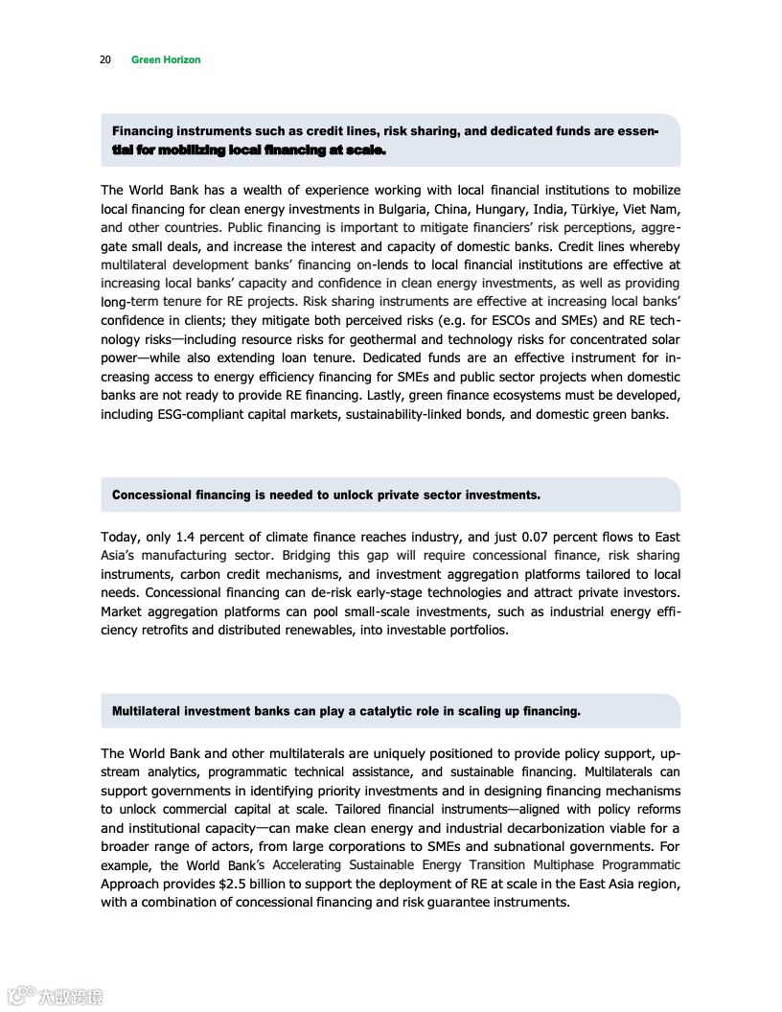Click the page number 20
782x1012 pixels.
tap(105, 59)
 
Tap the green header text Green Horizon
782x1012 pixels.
tap(166, 59)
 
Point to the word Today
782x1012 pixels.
tap(120, 538)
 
